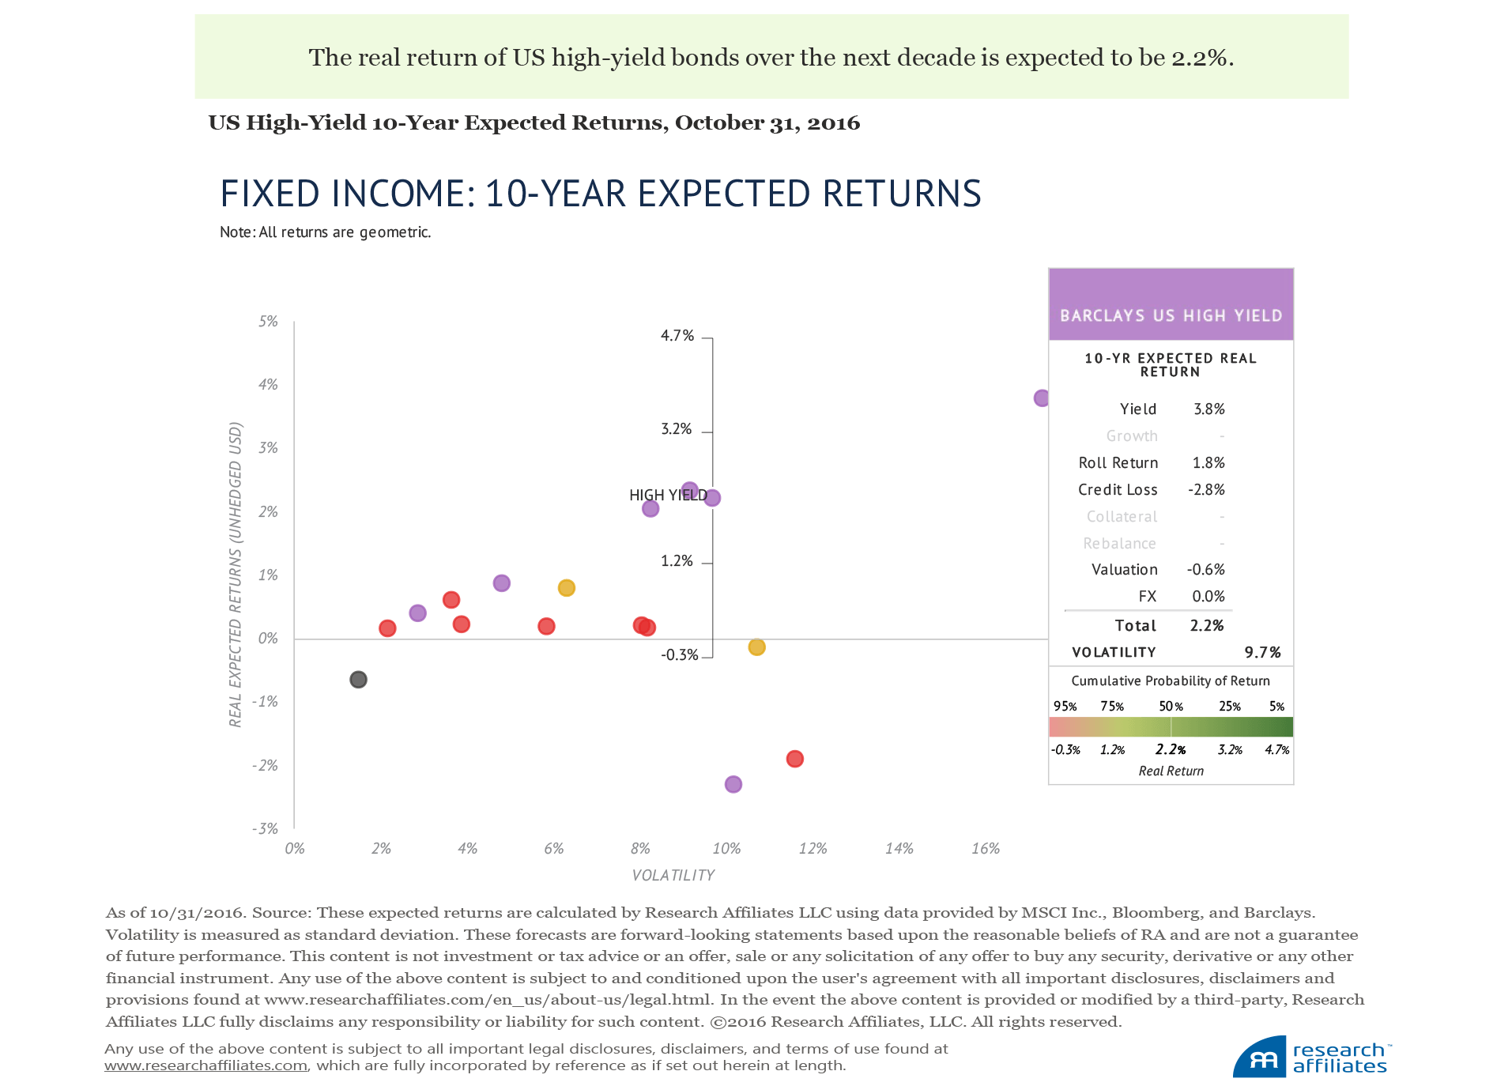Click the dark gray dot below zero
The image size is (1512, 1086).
tap(358, 680)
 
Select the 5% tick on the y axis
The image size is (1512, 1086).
tap(268, 322)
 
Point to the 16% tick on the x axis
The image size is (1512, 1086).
tap(986, 849)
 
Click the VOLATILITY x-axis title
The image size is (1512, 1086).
tap(673, 876)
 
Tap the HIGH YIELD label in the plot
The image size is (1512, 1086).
tap(668, 496)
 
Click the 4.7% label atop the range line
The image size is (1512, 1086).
tap(677, 336)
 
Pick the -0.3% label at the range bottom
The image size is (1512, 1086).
tap(680, 655)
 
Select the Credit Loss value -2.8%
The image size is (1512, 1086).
tap(1206, 490)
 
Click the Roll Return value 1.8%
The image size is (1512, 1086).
tap(1208, 463)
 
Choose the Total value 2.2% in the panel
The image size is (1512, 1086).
tap(1207, 626)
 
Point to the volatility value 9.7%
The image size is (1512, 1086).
tap(1262, 653)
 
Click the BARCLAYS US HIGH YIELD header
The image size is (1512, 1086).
tap(1171, 315)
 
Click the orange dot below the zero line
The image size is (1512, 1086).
tap(756, 647)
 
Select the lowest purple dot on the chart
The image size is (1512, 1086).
tap(733, 784)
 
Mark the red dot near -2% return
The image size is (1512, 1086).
tap(795, 759)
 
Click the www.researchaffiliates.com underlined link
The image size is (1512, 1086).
tap(205, 1065)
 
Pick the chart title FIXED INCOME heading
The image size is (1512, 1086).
tap(600, 194)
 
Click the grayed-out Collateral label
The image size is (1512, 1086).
tap(1122, 517)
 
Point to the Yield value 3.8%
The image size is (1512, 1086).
tap(1208, 409)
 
